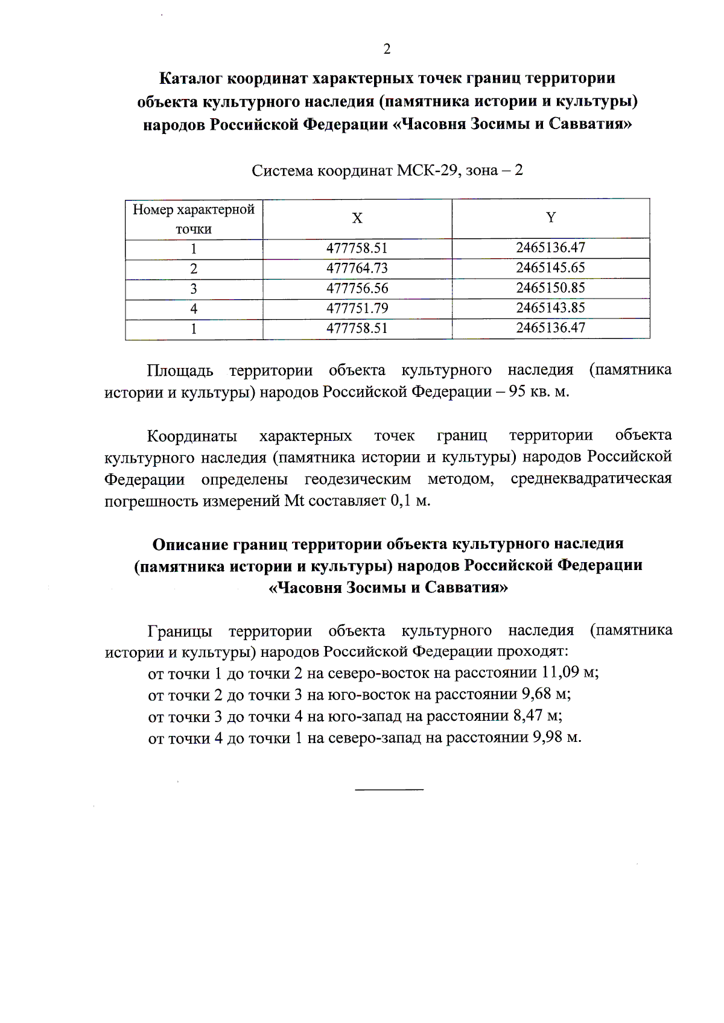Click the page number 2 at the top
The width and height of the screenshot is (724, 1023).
point(387,49)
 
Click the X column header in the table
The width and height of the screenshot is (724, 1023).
point(357,218)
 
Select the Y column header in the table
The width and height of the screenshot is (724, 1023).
point(551,217)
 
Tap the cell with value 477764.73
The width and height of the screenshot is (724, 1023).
point(357,268)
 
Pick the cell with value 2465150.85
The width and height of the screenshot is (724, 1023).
point(550,288)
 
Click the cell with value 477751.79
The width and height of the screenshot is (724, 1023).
point(357,308)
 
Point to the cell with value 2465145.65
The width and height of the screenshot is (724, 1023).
point(550,268)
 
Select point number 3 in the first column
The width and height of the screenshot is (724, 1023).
point(194,289)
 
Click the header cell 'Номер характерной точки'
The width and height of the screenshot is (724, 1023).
point(194,219)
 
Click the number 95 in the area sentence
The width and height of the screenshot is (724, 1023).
point(517,391)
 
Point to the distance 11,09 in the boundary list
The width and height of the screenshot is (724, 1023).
point(560,672)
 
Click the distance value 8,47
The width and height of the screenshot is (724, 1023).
point(528,715)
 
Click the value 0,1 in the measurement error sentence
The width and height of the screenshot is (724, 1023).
point(401,500)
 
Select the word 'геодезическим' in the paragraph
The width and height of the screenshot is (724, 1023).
point(357,479)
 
